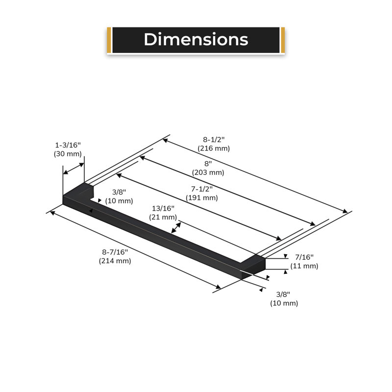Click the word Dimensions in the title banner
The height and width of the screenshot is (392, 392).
point(196,40)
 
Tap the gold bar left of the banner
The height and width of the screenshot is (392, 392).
point(109,40)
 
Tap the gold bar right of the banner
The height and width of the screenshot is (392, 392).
point(283,40)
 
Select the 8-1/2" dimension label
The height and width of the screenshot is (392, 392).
point(214,140)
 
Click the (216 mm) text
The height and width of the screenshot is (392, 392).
point(214,148)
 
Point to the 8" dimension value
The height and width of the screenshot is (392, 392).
point(208,164)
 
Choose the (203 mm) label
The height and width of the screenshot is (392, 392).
point(208,172)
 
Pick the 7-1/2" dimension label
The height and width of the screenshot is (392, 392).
point(202,189)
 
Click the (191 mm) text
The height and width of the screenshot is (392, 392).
point(202,198)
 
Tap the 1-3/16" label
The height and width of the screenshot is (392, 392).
point(68,145)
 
